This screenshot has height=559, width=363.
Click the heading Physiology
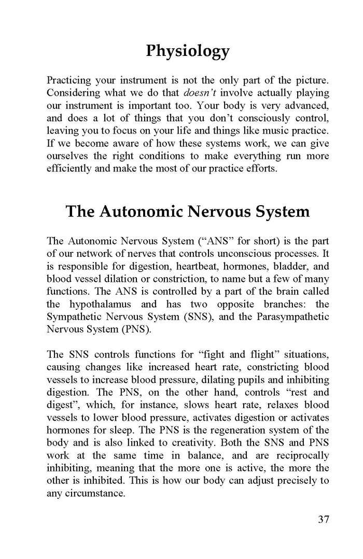(188, 51)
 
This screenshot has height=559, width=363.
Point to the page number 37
(323, 520)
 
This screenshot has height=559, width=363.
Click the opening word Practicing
(69, 80)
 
